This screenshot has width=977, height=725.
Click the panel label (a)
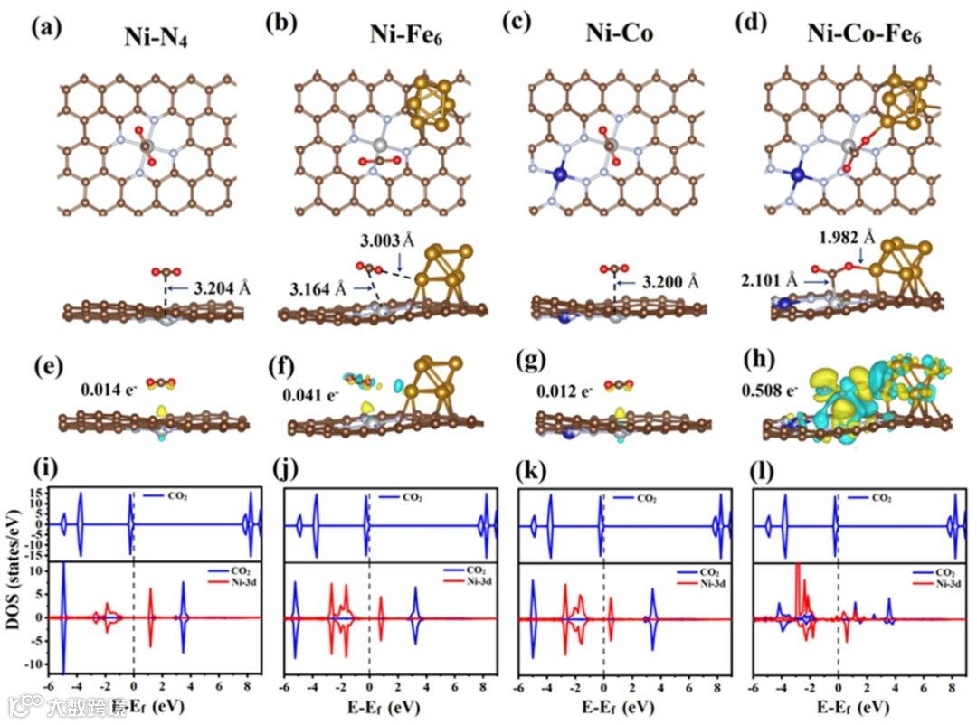pyautogui.click(x=46, y=26)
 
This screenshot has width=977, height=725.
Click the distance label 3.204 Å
pyautogui.click(x=222, y=289)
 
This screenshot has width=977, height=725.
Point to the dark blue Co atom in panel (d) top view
pyautogui.click(x=798, y=174)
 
